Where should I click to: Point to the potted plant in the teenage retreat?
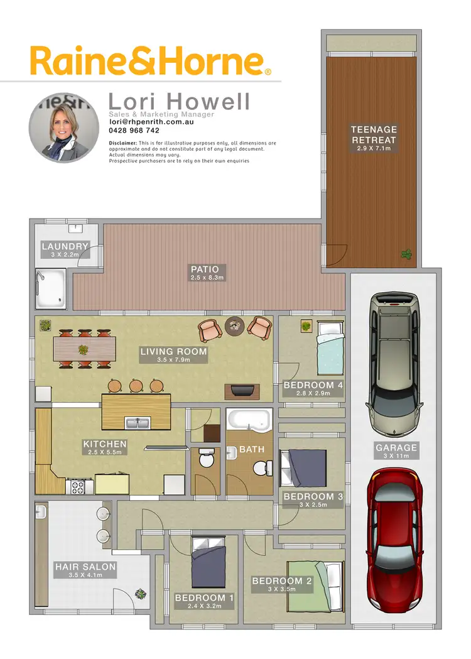[x=407, y=254]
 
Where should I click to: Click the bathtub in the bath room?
[x=248, y=420]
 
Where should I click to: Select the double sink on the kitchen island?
[x=136, y=422]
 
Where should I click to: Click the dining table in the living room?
[x=85, y=349]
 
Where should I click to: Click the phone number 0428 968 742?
[x=134, y=131]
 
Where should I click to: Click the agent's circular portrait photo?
[x=64, y=128]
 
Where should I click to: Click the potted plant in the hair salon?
[x=142, y=592]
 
